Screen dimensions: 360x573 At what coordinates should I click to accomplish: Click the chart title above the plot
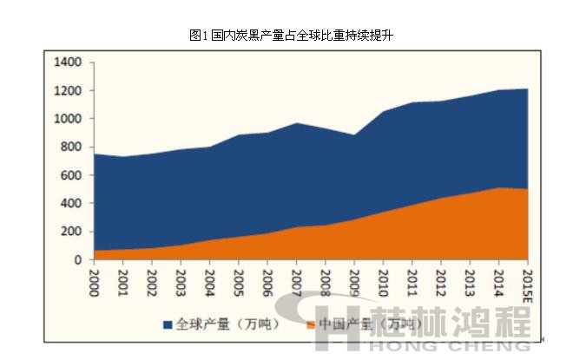286,35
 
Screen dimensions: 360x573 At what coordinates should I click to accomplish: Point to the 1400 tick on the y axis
67,62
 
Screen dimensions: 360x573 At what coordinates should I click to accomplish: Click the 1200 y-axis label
67,91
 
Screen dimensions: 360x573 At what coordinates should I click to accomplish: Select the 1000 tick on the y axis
67,119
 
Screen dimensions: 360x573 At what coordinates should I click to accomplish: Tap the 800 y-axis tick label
70,147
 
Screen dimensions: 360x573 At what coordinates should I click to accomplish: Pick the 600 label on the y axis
70,175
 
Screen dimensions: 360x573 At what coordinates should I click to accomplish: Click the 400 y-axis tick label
70,204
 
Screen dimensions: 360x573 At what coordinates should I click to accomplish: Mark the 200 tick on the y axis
70,232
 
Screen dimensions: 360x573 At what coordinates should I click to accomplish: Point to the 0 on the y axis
77,260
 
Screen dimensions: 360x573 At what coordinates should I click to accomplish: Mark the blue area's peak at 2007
296,123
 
